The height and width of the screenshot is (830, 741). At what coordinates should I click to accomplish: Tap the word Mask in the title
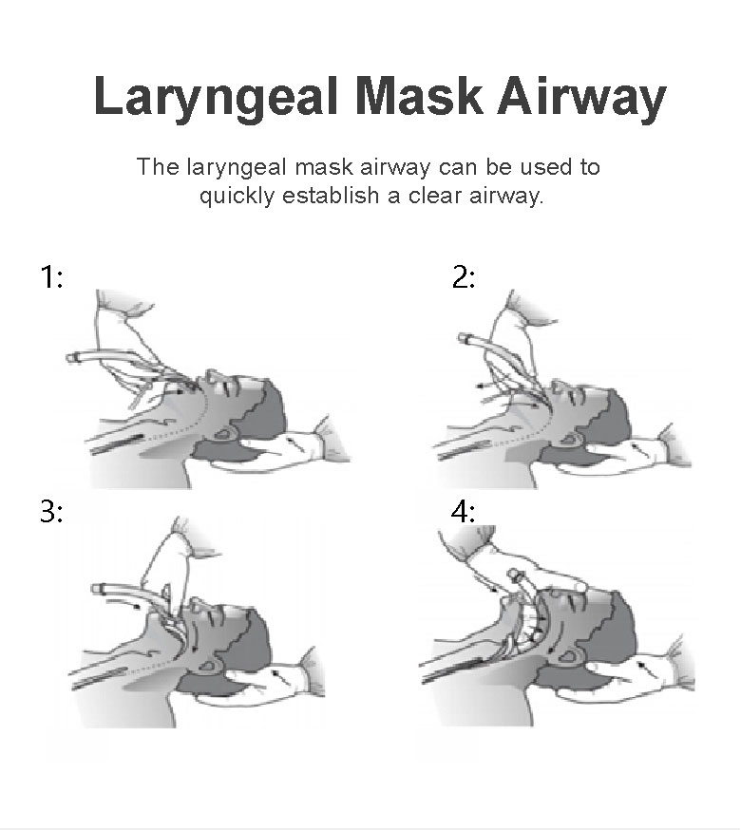[418, 95]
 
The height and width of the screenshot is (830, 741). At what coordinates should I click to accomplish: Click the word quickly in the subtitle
[237, 197]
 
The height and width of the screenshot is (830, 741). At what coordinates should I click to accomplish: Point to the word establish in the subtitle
[331, 196]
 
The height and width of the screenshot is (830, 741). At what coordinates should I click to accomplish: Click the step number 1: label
[52, 277]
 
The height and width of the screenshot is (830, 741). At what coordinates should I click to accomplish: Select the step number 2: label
[464, 277]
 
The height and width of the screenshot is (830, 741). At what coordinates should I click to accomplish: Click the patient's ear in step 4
[569, 656]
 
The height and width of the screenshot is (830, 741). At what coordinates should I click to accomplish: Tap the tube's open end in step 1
[70, 358]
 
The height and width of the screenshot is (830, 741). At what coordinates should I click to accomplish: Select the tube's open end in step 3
[96, 589]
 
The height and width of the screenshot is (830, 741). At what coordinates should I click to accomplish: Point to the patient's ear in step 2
[572, 439]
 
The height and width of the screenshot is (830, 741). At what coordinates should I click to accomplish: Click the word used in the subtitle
[546, 167]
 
